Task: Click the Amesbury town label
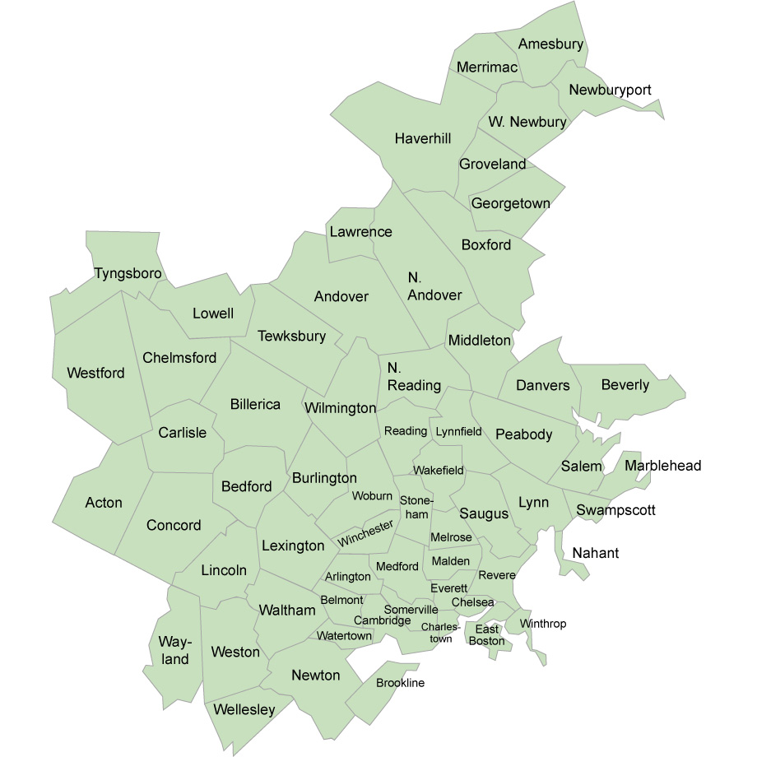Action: (550, 44)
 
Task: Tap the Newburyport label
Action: (610, 90)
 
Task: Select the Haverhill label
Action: (423, 138)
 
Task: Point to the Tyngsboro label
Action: (128, 272)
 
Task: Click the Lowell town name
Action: (213, 313)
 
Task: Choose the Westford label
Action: (95, 374)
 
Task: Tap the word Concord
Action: (174, 525)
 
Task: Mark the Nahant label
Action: (596, 553)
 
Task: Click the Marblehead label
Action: (663, 467)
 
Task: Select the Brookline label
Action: (401, 683)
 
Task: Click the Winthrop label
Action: (543, 624)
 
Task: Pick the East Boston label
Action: (486, 635)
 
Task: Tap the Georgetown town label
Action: (510, 203)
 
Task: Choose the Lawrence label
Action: (360, 232)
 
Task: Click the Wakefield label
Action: (439, 471)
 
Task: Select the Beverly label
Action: (625, 385)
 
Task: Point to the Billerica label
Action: (255, 405)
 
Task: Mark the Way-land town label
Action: (175, 650)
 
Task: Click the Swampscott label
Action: (615, 510)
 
